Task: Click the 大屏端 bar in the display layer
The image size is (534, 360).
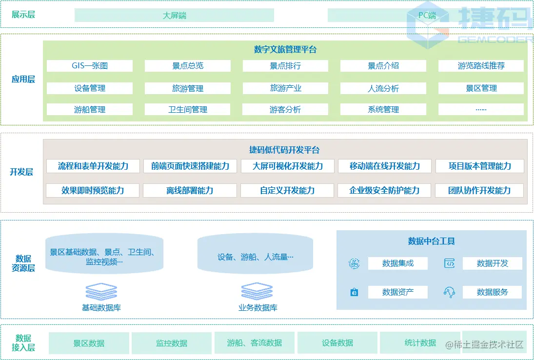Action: (x=174, y=15)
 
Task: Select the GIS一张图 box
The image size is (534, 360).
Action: (x=90, y=66)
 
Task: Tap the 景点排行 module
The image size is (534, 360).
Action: (x=285, y=66)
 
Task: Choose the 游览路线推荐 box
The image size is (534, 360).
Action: (x=481, y=66)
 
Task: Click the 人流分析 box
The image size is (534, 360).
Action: (x=383, y=88)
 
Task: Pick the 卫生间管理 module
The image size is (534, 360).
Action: (x=188, y=110)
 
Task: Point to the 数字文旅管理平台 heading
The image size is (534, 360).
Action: (x=285, y=49)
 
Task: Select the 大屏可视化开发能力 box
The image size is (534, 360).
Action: (x=288, y=166)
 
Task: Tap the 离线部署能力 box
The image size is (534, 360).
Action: (x=190, y=190)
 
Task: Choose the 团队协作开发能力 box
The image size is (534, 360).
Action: (x=479, y=190)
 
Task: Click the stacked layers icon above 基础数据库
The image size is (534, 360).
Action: (x=101, y=291)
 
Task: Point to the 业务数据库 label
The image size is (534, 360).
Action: (x=258, y=308)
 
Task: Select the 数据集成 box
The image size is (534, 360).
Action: (x=397, y=263)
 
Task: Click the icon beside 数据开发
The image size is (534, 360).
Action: (x=449, y=263)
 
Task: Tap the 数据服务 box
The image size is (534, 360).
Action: (x=492, y=292)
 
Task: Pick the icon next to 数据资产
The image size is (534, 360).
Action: (x=355, y=292)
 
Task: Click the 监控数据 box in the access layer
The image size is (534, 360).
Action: (x=172, y=343)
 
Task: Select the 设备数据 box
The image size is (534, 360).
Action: (x=337, y=343)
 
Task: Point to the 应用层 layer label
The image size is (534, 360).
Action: (x=23, y=79)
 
